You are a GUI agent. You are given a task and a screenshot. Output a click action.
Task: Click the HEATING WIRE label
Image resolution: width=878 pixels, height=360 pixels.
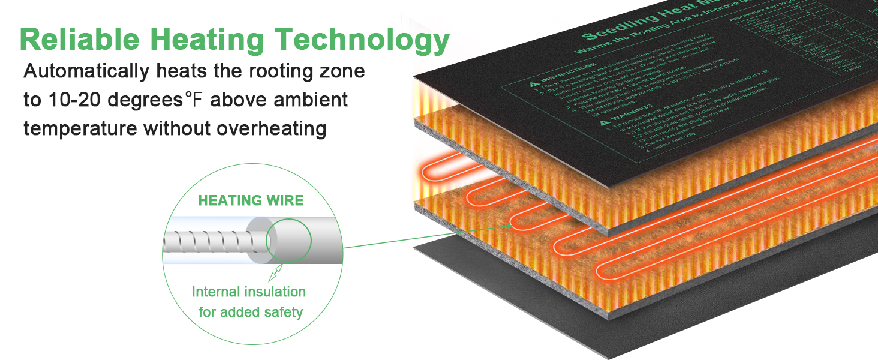tap(251, 200)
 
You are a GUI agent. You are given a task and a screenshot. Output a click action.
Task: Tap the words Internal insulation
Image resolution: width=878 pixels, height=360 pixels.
tap(248, 292)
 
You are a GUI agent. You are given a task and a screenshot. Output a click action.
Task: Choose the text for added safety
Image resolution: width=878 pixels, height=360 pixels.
tap(251, 312)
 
